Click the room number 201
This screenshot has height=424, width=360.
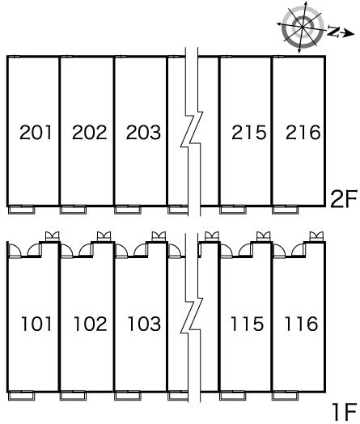coord(36,132)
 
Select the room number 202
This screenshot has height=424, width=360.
coord(90,132)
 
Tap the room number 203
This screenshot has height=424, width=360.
coord(143,132)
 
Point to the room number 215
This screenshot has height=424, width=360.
coord(249,132)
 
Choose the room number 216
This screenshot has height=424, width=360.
coord(303,132)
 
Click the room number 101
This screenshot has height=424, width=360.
coord(36,324)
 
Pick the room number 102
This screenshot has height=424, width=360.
coord(91,324)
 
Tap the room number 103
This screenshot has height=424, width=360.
coord(144,324)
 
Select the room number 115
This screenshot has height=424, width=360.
coord(247,324)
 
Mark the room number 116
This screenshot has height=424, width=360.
coord(301,324)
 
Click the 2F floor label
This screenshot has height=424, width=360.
coord(344,199)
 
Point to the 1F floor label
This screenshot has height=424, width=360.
coord(345,412)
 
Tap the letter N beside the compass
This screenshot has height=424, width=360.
coord(333,31)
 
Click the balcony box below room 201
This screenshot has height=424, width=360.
coord(22,210)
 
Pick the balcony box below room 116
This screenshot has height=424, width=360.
coord(285,396)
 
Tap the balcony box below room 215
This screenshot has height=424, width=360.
coord(233,210)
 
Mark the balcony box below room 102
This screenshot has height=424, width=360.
coord(74,396)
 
